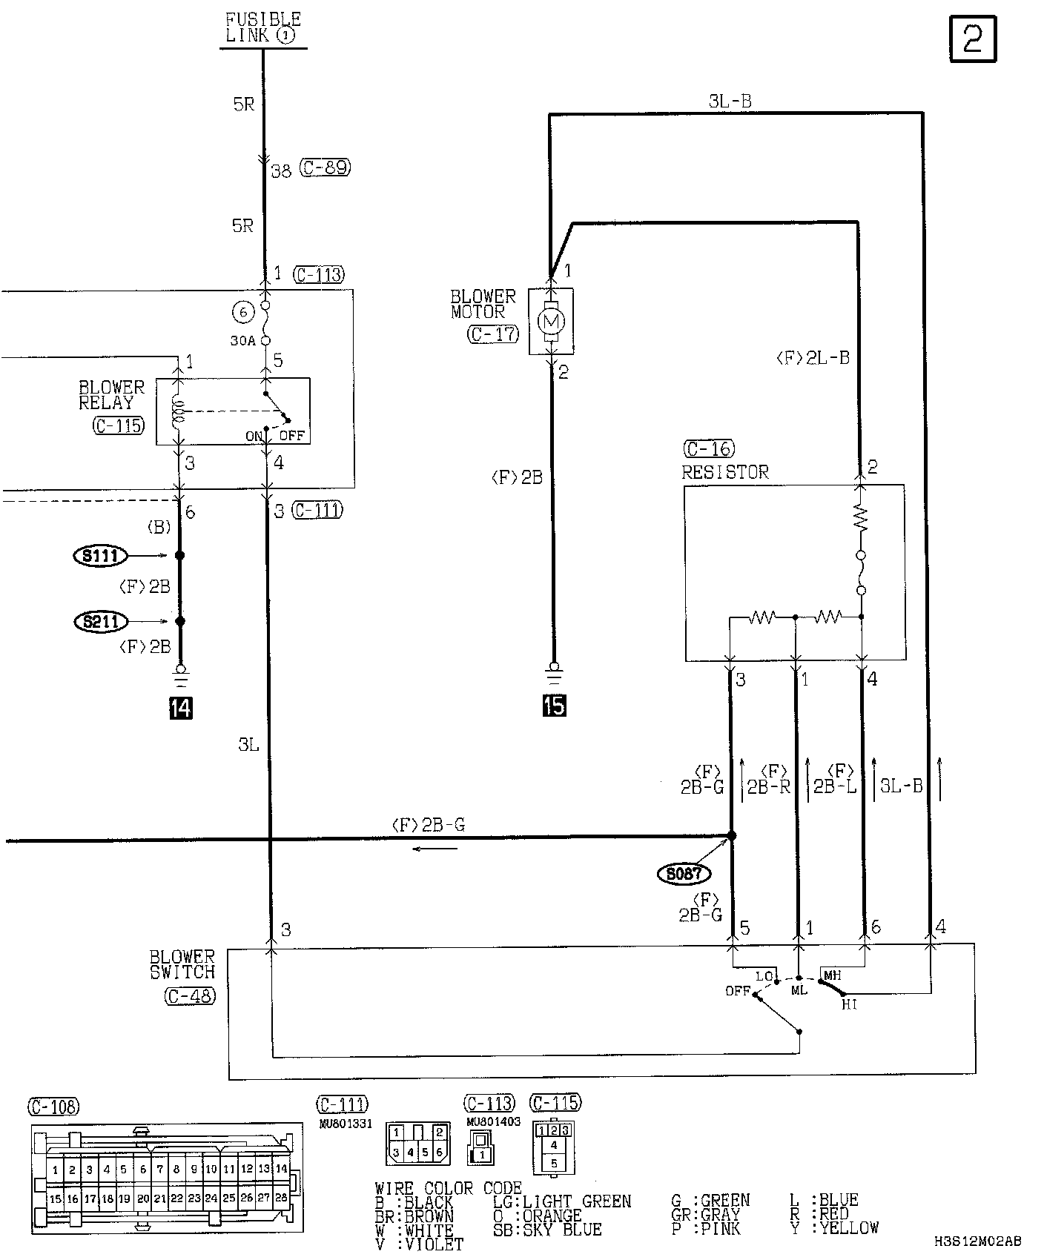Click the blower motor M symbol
[x=551, y=321]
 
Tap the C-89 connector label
[x=325, y=168]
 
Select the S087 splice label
[x=683, y=874]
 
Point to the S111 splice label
[x=101, y=555]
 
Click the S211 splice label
[x=101, y=621]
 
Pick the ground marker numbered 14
[x=180, y=708]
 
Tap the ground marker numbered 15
[x=554, y=705]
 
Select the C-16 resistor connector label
[x=707, y=449]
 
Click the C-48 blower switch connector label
[x=190, y=997]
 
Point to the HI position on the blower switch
[x=850, y=1005]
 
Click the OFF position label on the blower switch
[x=738, y=991]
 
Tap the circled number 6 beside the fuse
[x=243, y=313]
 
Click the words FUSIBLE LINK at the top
[x=263, y=27]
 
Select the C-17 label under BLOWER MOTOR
[x=492, y=334]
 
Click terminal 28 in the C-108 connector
[x=281, y=1197]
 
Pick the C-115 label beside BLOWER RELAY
[x=119, y=426]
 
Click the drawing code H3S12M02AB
[x=977, y=1241]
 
